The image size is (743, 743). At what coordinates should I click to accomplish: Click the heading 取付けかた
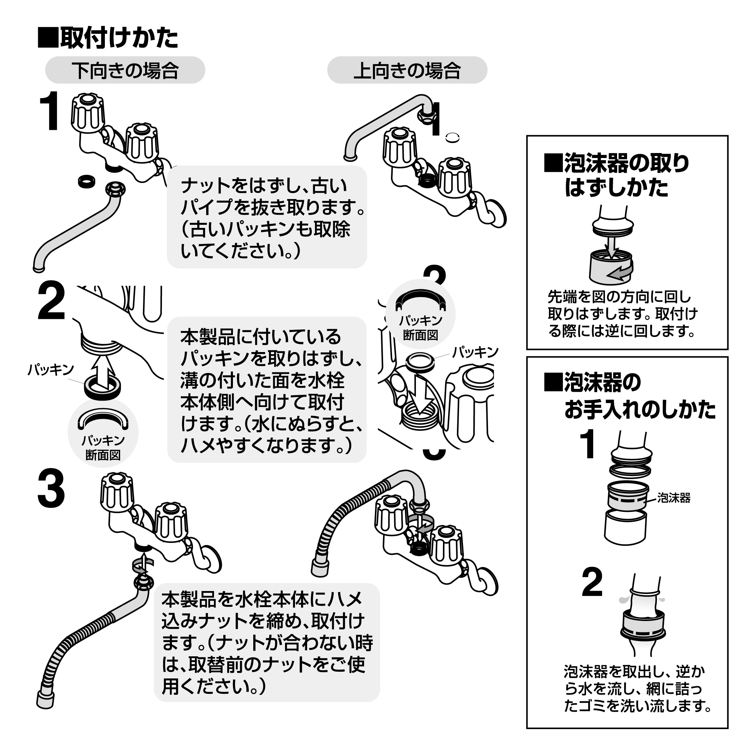[109, 39]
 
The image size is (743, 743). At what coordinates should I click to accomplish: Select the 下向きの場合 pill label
[125, 70]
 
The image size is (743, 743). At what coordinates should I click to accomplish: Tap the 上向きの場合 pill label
[407, 70]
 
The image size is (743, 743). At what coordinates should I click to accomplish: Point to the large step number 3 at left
[51, 490]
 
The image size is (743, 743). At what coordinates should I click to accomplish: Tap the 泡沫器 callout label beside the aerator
[673, 498]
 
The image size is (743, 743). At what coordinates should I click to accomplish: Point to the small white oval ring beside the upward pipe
[453, 137]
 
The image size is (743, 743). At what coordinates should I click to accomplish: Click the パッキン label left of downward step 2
[50, 370]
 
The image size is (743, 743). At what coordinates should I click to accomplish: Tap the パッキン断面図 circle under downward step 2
[103, 433]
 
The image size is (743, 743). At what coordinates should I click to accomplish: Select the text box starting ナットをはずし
[267, 217]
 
